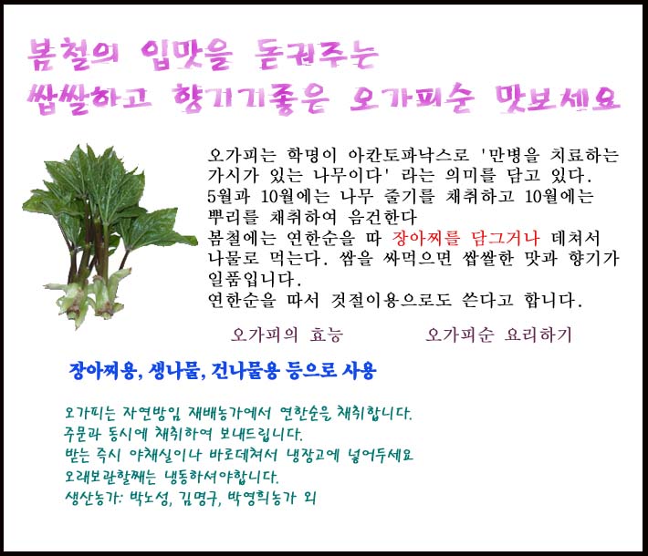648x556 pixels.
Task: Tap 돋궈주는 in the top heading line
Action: tap(316, 55)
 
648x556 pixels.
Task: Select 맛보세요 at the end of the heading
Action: tap(558, 99)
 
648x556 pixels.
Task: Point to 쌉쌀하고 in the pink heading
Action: tap(89, 99)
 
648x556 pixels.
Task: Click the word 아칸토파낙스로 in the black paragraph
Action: tap(408, 156)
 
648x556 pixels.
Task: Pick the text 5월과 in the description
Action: tap(228, 197)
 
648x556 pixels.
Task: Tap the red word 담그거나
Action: tap(505, 238)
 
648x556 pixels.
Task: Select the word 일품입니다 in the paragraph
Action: tap(255, 280)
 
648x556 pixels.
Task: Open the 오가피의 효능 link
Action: tap(287, 335)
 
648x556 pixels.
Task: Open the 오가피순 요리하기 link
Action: tap(498, 335)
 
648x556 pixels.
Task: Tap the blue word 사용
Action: tap(359, 371)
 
